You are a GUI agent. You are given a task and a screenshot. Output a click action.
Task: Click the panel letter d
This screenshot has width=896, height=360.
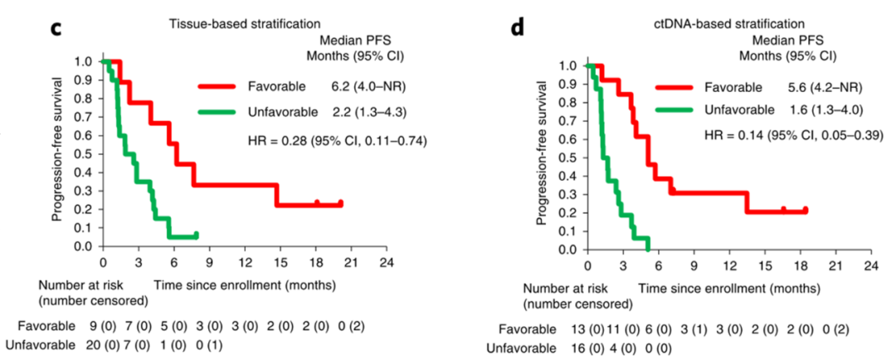click(x=518, y=27)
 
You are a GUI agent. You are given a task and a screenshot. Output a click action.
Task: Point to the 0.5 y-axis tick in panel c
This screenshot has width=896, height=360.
click(x=85, y=153)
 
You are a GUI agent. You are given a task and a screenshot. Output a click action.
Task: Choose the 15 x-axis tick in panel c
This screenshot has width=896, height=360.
click(x=277, y=262)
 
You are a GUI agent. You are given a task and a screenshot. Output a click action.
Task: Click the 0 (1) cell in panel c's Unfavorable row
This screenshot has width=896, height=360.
click(x=212, y=343)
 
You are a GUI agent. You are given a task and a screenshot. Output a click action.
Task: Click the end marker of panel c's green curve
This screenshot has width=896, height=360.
click(x=196, y=235)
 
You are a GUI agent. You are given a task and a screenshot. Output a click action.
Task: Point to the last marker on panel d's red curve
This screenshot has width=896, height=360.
click(x=805, y=211)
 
